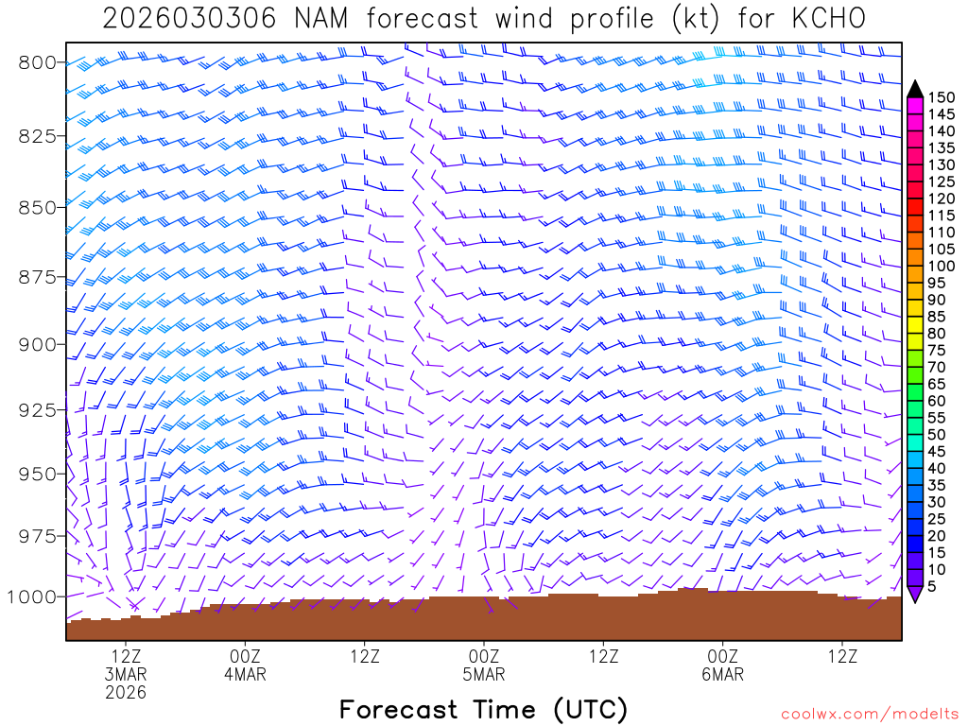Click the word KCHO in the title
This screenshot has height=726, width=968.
point(826,18)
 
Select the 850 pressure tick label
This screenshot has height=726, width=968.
point(39,207)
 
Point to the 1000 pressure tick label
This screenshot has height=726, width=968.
point(34,596)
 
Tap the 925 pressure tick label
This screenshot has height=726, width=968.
point(39,409)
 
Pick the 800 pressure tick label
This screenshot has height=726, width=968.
point(39,62)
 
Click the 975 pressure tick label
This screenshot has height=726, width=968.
point(39,536)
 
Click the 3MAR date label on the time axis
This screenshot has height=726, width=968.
point(126,674)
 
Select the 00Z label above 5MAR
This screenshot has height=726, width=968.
point(484,655)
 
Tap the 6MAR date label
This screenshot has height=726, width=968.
point(723,674)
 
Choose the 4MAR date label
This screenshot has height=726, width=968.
point(245,674)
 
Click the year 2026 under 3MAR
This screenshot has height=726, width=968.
point(126,693)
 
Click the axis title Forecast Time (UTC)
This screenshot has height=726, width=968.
point(483,709)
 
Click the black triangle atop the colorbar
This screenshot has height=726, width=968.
point(914,88)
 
